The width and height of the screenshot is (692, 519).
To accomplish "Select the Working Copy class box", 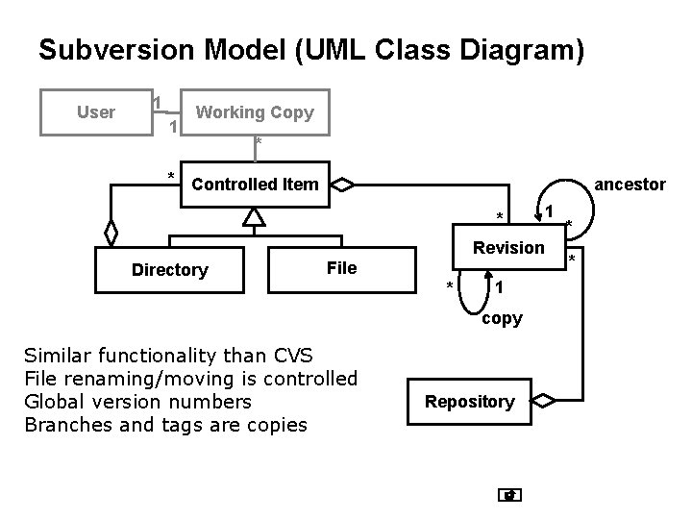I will click(x=254, y=112).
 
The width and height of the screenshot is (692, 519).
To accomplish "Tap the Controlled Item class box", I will click(x=255, y=184).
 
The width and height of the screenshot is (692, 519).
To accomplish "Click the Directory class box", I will click(x=169, y=269).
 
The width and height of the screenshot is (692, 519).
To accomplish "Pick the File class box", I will click(x=341, y=268).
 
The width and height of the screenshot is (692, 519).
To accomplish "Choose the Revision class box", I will click(x=507, y=248).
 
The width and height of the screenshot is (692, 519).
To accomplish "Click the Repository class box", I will click(x=470, y=402).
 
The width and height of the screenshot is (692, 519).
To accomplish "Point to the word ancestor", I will click(x=630, y=184).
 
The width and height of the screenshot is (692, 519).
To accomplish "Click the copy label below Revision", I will click(x=502, y=318).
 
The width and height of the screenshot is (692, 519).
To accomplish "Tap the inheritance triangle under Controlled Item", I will click(x=253, y=218).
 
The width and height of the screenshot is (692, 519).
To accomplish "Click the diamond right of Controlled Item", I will click(x=343, y=184).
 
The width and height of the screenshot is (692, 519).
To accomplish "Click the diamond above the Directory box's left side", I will click(x=111, y=233).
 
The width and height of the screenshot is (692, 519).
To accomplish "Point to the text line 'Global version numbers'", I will click(x=137, y=402).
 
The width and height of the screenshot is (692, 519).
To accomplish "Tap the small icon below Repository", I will click(x=510, y=496).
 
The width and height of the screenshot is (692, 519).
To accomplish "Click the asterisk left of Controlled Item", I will click(x=171, y=176).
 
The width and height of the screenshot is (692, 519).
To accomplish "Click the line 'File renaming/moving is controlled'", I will click(x=190, y=379).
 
